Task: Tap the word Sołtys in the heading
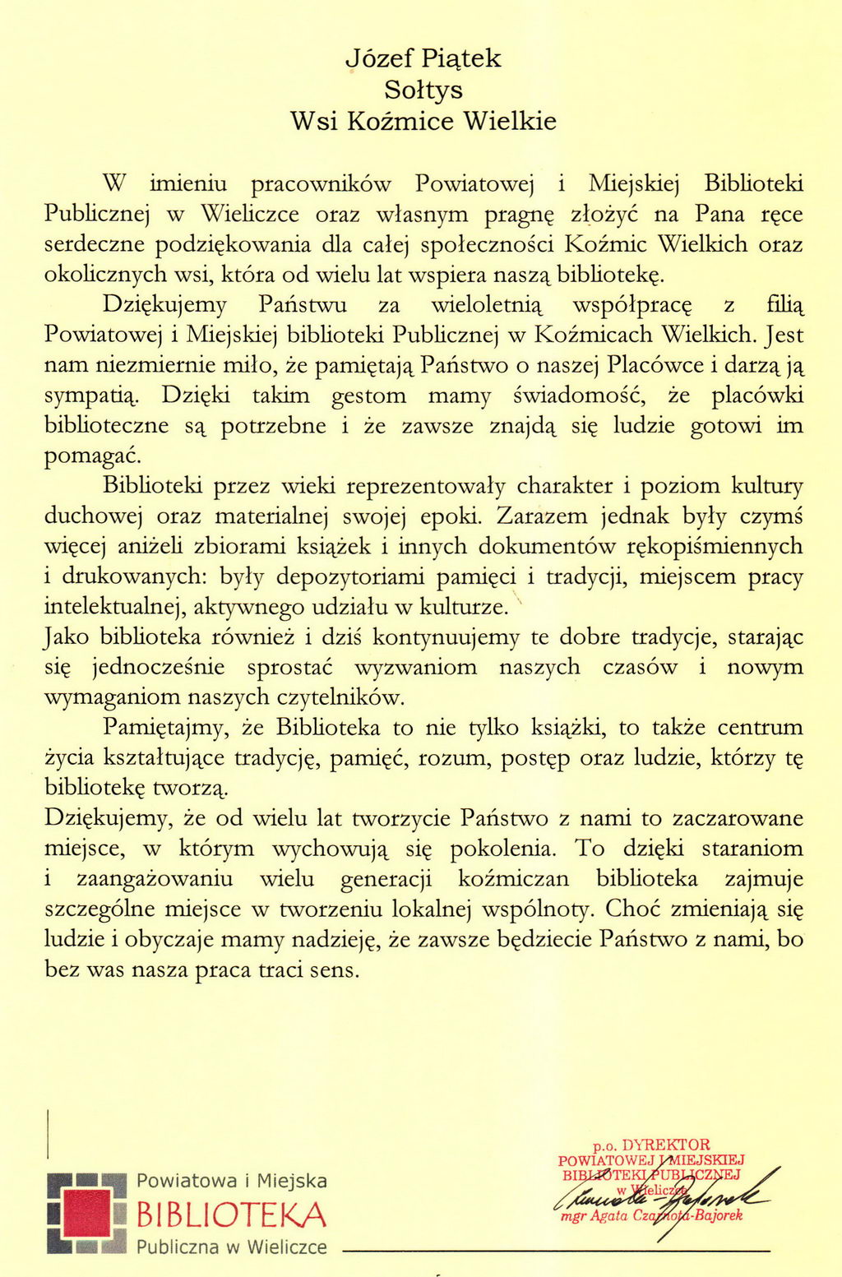coord(423,90)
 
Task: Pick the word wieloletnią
coord(487,305)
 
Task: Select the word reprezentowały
coord(425,487)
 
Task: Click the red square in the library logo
coord(86,1214)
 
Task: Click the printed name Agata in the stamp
coord(608,1215)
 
